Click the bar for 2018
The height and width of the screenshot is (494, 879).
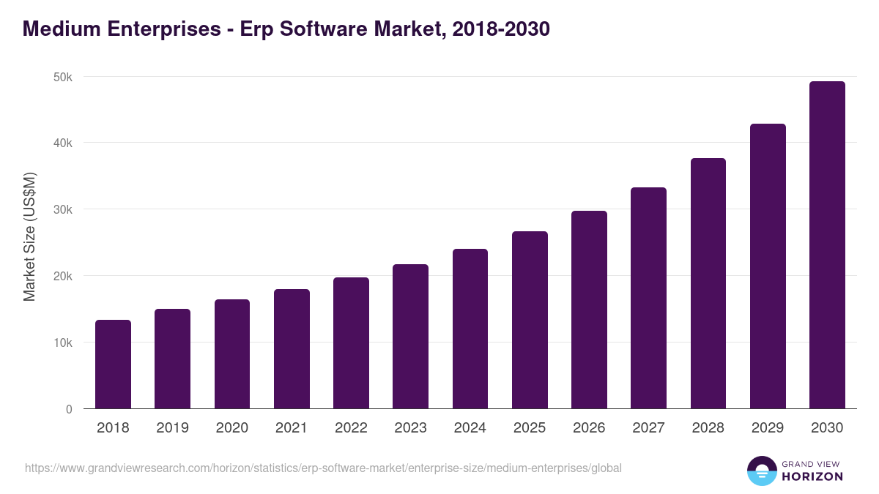pyautogui.click(x=113, y=364)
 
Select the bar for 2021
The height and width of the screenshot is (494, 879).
pyautogui.click(x=292, y=349)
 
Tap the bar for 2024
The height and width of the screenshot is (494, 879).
pyautogui.click(x=470, y=329)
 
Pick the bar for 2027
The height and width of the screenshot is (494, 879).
pyautogui.click(x=648, y=298)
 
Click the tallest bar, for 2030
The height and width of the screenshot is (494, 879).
pyautogui.click(x=827, y=245)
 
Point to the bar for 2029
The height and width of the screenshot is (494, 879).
pyautogui.click(x=768, y=266)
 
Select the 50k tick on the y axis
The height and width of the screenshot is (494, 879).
pyautogui.click(x=62, y=77)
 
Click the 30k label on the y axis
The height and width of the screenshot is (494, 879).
pyautogui.click(x=62, y=210)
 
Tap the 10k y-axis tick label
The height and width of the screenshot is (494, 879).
pyautogui.click(x=62, y=343)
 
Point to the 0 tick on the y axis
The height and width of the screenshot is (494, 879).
pyautogui.click(x=69, y=410)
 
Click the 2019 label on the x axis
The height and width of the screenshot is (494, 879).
pyautogui.click(x=172, y=428)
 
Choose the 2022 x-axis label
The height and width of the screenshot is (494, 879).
pyautogui.click(x=351, y=428)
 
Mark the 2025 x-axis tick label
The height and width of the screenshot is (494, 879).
pyautogui.click(x=530, y=428)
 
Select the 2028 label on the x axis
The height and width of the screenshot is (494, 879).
pyautogui.click(x=708, y=428)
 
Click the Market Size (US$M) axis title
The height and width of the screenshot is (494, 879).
pyautogui.click(x=30, y=236)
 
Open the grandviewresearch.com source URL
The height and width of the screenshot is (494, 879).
pyautogui.click(x=323, y=468)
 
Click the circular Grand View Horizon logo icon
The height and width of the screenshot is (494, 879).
pyautogui.click(x=762, y=471)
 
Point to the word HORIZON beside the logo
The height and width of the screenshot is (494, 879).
pyautogui.click(x=812, y=476)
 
